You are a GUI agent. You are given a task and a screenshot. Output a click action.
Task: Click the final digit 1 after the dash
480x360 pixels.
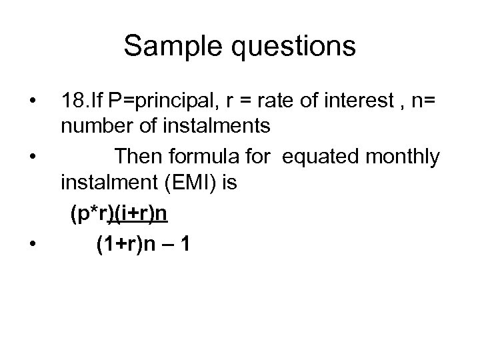click(185, 245)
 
